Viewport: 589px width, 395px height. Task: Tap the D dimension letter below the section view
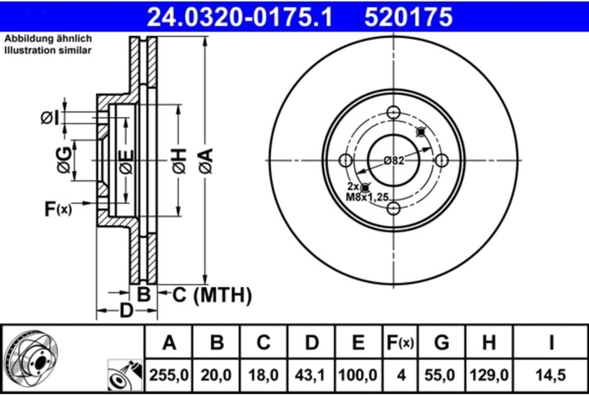(127, 311)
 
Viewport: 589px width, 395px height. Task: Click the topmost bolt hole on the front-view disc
(393, 113)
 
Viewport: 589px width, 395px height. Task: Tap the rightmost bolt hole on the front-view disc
(442, 161)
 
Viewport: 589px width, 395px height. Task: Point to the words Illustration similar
(48, 51)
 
